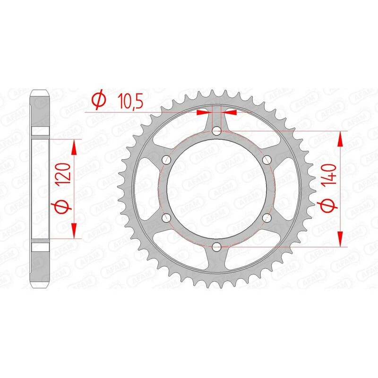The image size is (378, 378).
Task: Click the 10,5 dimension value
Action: [x=121, y=102]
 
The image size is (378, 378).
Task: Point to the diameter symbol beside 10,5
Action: [x=98, y=100]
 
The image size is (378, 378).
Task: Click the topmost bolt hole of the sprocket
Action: [x=216, y=130]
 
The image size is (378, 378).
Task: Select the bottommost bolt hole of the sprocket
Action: [x=216, y=246]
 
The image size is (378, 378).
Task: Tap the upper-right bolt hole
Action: [x=266, y=159]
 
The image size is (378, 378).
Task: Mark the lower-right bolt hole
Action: [x=266, y=217]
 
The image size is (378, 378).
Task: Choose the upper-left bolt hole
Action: [x=166, y=159]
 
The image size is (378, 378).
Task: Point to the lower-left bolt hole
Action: [x=166, y=217]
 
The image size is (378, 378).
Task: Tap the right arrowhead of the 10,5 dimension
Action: [x=231, y=112]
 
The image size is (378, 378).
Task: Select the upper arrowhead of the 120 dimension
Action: [x=74, y=146]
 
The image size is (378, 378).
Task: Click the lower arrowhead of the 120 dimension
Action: [x=74, y=232]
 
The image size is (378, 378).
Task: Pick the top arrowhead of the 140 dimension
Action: [x=340, y=137]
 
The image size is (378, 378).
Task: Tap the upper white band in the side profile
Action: [x=40, y=133]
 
